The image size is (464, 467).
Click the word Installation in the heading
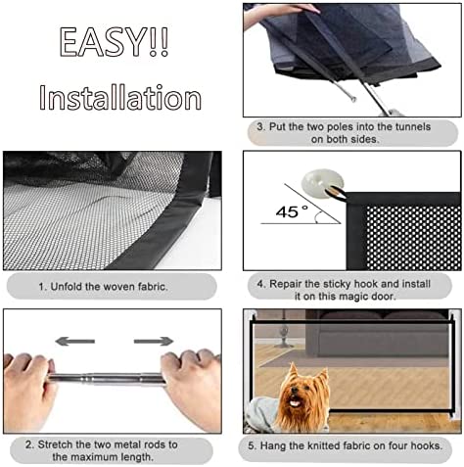click(x=120, y=97)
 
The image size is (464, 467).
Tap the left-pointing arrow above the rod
click(x=75, y=342)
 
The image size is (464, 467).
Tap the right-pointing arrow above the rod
click(x=154, y=342)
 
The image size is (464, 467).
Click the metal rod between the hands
click(x=108, y=380)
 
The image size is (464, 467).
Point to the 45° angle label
click(x=292, y=211)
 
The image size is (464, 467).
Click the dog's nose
click(x=295, y=391)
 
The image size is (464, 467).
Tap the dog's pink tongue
click(x=296, y=403)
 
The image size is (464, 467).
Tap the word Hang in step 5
click(x=272, y=445)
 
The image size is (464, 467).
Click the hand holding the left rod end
click(x=27, y=390)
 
